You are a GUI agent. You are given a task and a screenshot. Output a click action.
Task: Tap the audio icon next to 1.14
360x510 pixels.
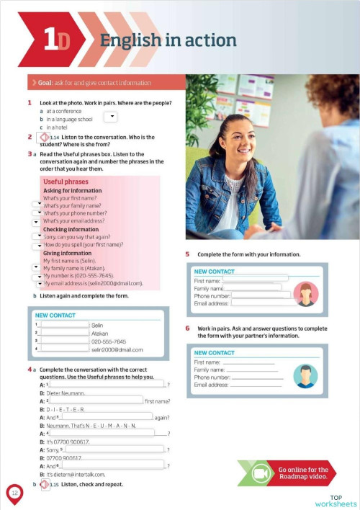coord(42,137)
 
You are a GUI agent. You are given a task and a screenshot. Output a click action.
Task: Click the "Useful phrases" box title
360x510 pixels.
coord(66,182)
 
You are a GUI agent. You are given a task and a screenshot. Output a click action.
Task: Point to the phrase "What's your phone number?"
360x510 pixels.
coord(75,213)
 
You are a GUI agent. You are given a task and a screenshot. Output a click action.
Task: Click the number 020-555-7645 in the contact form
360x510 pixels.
coord(109,341)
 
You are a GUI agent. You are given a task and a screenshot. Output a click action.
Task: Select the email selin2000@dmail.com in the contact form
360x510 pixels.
coord(117,350)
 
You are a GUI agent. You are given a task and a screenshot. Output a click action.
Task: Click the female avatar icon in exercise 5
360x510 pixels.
coord(306,293)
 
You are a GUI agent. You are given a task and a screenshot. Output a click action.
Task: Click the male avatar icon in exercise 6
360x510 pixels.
coord(306,375)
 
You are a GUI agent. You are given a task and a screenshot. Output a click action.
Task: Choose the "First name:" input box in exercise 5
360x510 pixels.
coord(256,277)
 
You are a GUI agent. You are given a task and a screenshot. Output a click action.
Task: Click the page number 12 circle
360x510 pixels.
coord(14,493)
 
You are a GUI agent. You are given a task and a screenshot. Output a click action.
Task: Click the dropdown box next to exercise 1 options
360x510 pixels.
coord(111,116)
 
